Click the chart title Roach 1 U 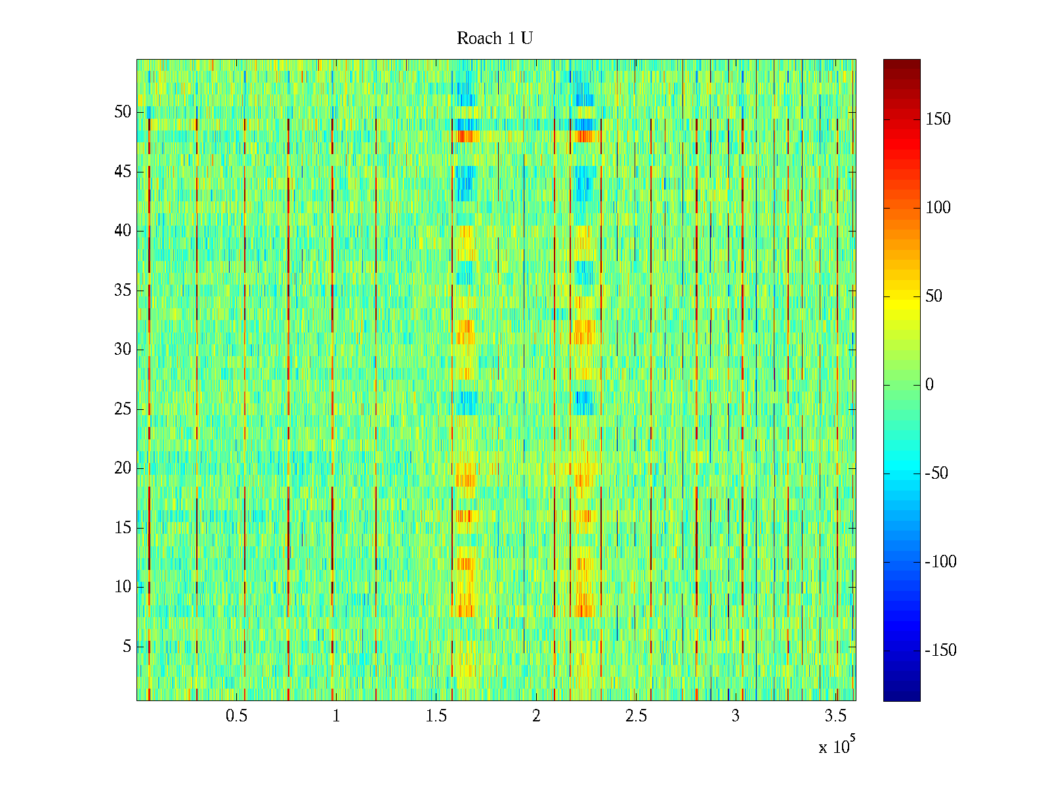point(495,39)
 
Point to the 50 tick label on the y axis point(123,112)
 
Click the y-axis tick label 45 point(123,172)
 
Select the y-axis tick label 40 point(123,231)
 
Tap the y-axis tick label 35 point(123,291)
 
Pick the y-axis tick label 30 point(123,350)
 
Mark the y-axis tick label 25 point(123,409)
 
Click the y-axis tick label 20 point(123,468)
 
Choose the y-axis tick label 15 point(123,528)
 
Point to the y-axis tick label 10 point(123,587)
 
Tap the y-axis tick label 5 point(127,647)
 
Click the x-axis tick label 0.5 point(236,716)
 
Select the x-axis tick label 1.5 point(436,716)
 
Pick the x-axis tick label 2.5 point(636,716)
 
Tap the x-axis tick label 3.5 point(835,716)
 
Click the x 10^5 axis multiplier point(837,746)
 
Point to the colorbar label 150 point(938,119)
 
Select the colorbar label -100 point(940,562)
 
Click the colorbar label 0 point(929,385)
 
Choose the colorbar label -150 point(940,651)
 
